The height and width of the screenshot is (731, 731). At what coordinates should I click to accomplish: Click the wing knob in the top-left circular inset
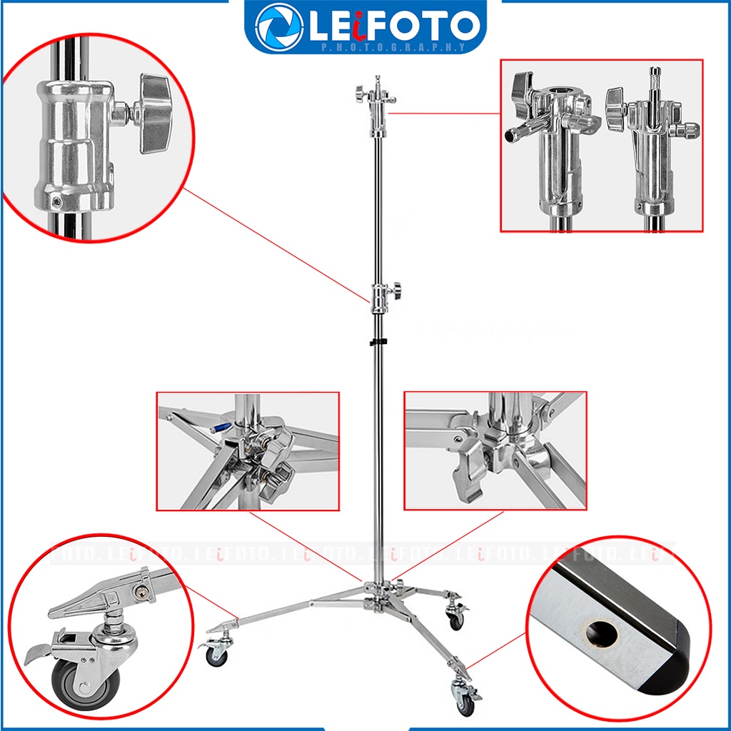point(155,113)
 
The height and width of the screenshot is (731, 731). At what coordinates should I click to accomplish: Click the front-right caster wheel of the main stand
point(466,706)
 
